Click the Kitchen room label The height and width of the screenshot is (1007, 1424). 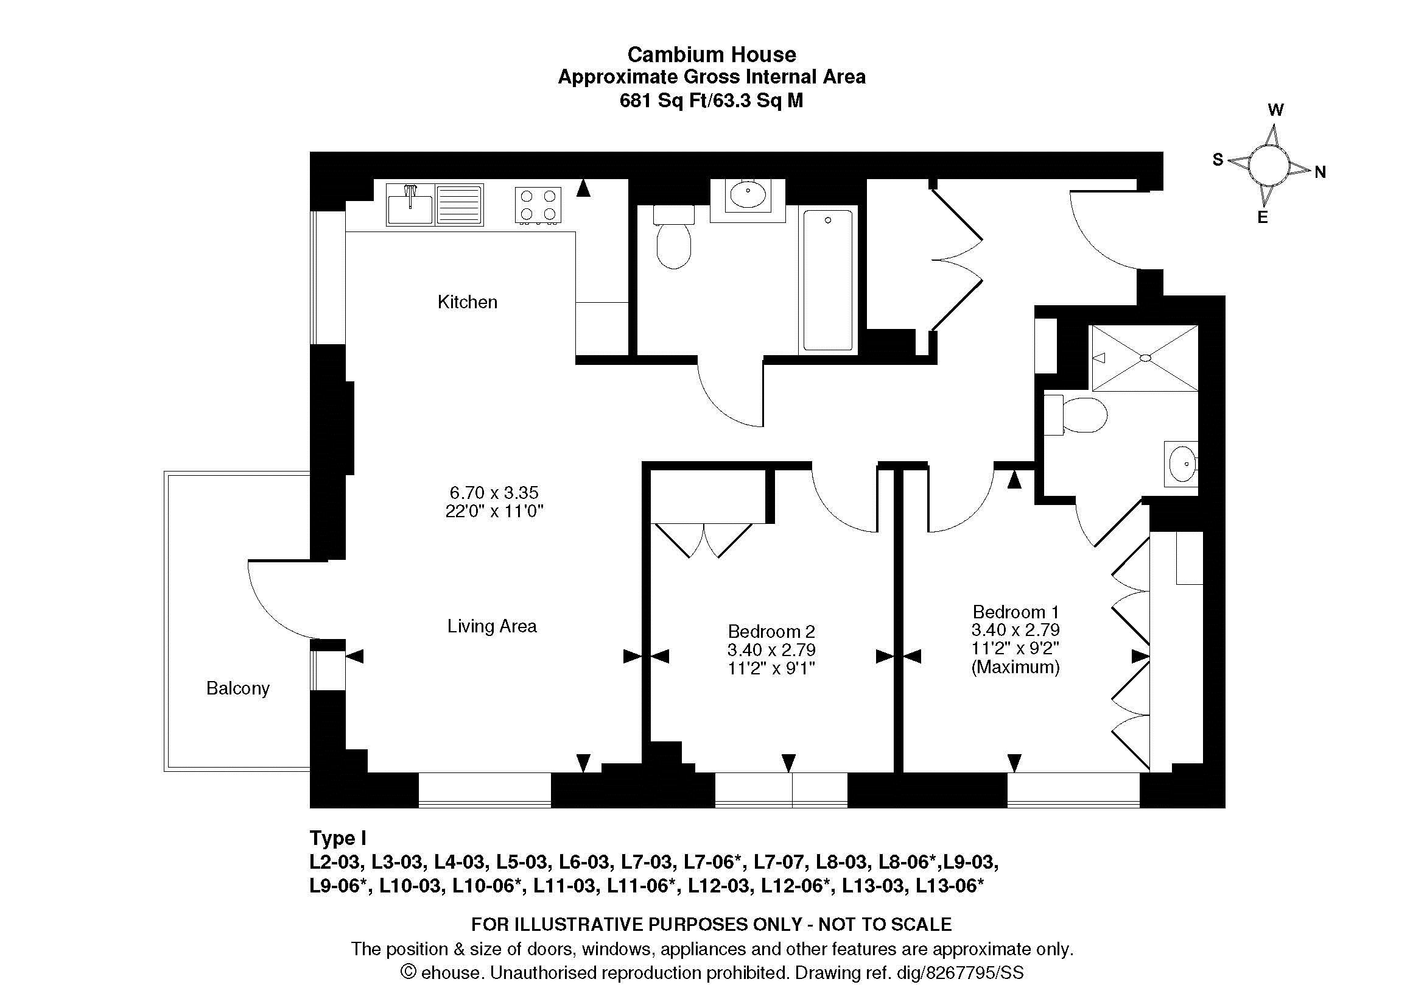click(467, 302)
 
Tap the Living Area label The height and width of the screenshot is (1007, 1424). click(492, 626)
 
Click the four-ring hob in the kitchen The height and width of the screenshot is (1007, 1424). click(538, 205)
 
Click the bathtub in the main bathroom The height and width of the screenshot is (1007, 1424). click(827, 280)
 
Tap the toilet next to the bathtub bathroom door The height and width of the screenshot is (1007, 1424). click(673, 237)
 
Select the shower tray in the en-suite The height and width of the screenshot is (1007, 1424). click(1145, 358)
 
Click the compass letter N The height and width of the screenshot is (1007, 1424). click(1320, 172)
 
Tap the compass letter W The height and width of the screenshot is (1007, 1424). click(1275, 110)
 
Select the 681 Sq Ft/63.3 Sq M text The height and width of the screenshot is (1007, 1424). click(711, 101)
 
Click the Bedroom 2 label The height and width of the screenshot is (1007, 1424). click(771, 632)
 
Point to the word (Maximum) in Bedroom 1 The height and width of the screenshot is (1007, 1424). click(1015, 668)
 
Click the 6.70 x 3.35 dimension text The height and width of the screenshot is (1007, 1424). click(494, 493)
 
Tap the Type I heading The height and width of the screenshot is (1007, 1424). click(338, 839)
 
